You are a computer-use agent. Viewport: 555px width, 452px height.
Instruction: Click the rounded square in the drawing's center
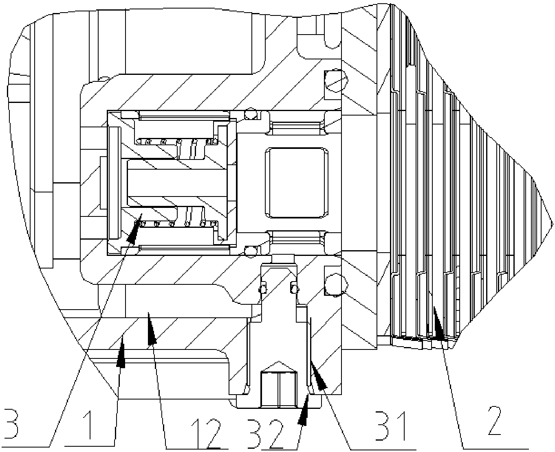[x=296, y=182]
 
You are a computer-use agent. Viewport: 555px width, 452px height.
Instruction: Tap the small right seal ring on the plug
[x=293, y=288]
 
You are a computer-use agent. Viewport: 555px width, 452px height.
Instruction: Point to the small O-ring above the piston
[x=251, y=114]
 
